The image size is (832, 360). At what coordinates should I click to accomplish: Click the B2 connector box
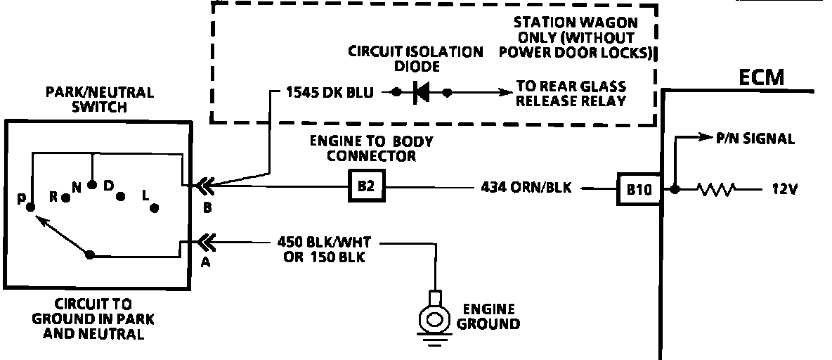365,188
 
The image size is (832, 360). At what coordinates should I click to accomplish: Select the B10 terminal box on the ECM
639,188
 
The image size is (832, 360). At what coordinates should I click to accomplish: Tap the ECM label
762,77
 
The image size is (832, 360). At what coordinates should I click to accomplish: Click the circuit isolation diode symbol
422,92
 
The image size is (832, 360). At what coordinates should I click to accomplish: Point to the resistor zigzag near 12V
716,188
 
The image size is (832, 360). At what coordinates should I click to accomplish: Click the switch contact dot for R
65,198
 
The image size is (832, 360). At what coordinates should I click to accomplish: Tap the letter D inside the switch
108,186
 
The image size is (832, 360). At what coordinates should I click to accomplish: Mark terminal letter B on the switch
207,208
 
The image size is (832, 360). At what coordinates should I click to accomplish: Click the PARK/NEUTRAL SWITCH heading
99,100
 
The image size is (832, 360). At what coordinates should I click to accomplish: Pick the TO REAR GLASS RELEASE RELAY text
571,93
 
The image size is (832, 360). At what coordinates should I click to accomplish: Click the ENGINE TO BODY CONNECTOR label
370,148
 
